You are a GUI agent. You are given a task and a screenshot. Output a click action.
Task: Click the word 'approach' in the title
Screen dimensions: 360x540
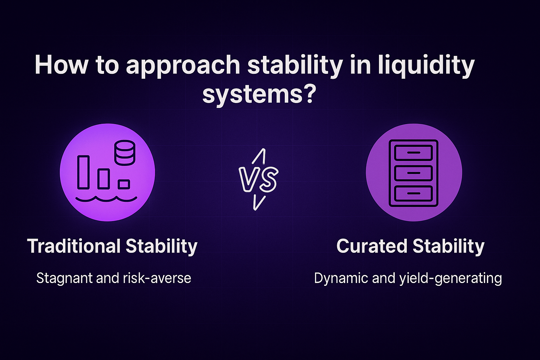(183, 66)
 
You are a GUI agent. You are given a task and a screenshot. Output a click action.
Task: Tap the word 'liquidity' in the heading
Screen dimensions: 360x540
(426, 66)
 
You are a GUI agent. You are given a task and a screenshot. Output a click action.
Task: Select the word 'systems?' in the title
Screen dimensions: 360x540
(258, 94)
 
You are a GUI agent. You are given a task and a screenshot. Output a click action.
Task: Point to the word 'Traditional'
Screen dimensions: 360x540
(74, 246)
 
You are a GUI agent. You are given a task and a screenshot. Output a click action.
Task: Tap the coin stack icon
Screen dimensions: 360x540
(125, 153)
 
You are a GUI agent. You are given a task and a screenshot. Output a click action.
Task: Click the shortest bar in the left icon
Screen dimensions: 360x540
(124, 184)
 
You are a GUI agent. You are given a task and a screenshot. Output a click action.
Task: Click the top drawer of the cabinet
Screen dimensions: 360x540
(413, 153)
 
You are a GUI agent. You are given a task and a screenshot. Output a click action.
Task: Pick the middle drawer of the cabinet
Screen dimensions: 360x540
(413, 173)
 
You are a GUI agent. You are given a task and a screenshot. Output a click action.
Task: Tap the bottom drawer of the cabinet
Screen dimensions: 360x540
(413, 193)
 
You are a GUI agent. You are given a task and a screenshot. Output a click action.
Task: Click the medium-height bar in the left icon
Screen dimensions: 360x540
(104, 178)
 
